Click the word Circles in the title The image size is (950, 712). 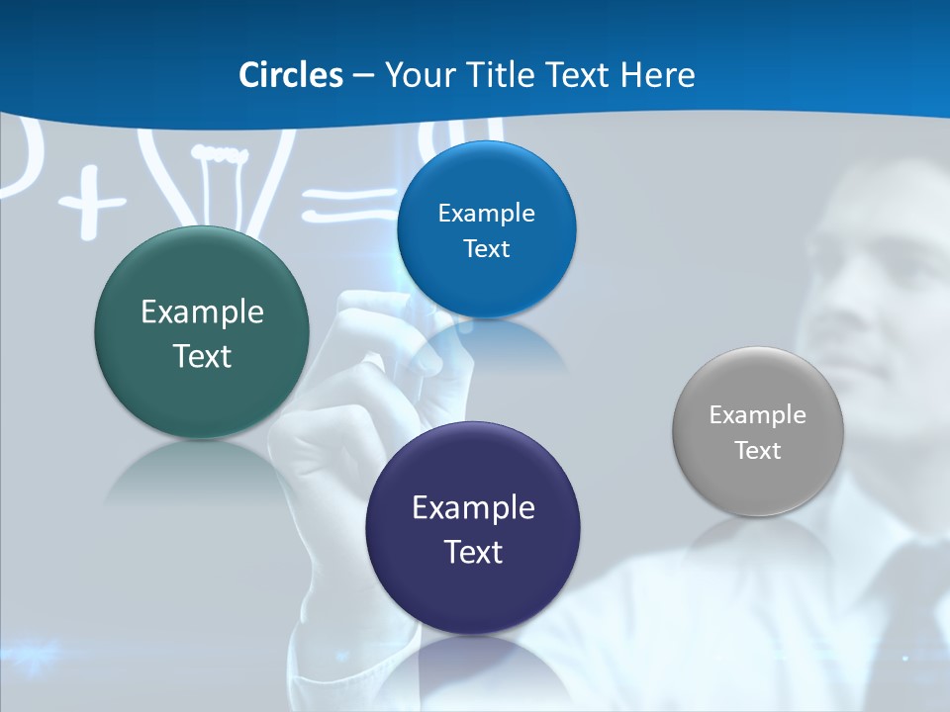[x=290, y=75]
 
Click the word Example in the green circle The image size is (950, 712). [x=202, y=312]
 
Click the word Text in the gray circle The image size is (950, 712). [x=758, y=451]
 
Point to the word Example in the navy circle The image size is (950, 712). [x=473, y=508]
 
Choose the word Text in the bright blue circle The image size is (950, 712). [x=486, y=249]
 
